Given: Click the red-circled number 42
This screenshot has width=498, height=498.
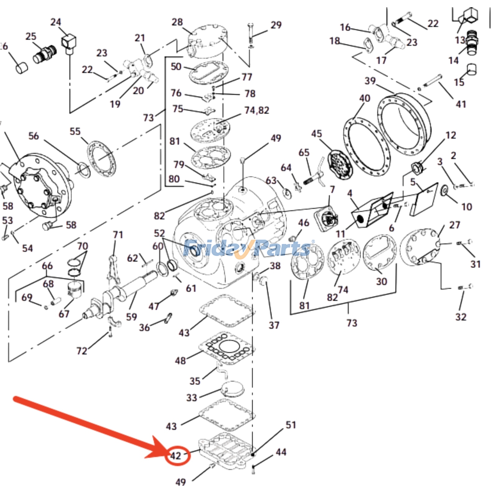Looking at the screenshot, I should click(x=176, y=456).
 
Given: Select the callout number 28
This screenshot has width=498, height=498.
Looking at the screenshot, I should click(x=177, y=22).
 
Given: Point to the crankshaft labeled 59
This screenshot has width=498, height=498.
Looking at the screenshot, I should click(x=125, y=289).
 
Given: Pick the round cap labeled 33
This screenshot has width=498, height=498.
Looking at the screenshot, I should click(x=232, y=389).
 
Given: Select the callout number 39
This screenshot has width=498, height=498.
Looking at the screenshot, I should click(x=370, y=81).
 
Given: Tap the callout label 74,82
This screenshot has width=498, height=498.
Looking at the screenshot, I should click(x=257, y=110).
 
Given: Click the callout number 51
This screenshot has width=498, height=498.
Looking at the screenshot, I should click(x=291, y=425).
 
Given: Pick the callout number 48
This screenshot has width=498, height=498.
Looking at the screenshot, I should click(x=180, y=361).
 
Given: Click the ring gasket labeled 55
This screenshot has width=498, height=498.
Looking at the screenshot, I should click(x=101, y=159).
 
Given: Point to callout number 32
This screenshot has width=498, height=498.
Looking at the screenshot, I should click(x=461, y=317).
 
